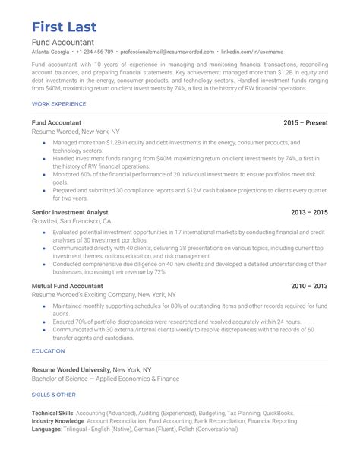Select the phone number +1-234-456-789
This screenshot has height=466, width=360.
(94, 52)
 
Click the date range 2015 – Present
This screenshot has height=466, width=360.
(305, 122)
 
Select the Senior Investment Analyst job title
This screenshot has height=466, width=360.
(70, 211)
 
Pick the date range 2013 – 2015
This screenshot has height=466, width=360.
(310, 211)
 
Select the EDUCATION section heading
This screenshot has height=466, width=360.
(48, 351)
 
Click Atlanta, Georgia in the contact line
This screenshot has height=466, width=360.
(51, 52)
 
